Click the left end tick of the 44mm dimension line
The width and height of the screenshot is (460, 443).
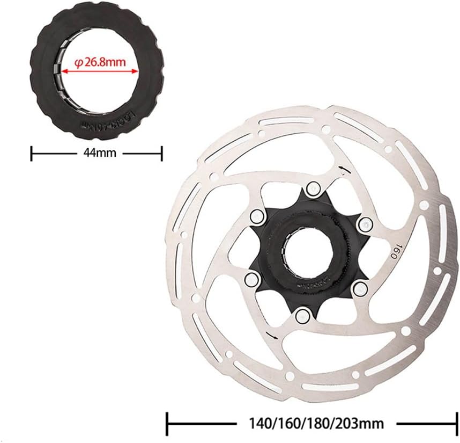(x=32, y=153)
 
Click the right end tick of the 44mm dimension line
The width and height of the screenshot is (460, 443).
(x=161, y=153)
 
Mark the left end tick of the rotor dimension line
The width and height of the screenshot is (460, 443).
(x=168, y=423)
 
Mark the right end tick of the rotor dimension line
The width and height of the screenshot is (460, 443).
(x=456, y=423)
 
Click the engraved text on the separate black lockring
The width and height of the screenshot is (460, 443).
(x=108, y=120)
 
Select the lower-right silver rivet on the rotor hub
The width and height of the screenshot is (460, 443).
(x=358, y=289)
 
